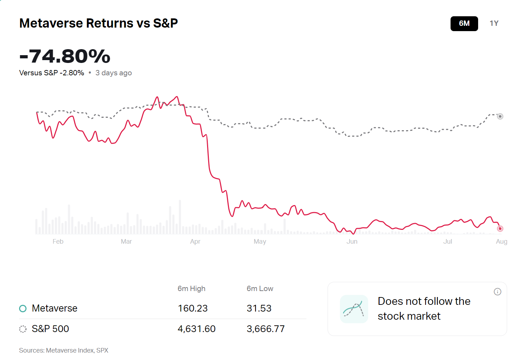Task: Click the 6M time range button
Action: [x=464, y=24]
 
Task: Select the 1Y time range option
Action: [x=494, y=24]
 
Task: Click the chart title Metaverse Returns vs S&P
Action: [x=99, y=23]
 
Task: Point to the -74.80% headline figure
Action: [x=65, y=56]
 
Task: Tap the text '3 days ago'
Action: [x=113, y=73]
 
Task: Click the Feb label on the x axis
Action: [x=58, y=242]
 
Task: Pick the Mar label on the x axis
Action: [x=126, y=242]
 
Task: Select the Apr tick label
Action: [x=195, y=242]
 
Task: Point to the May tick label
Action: [x=260, y=242]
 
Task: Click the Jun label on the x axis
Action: [x=352, y=242]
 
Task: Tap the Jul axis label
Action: [x=447, y=242]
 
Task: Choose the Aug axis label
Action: [x=501, y=242]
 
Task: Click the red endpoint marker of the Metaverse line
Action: [x=500, y=228]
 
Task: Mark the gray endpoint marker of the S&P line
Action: [x=500, y=116]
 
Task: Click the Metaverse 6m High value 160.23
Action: [x=193, y=308]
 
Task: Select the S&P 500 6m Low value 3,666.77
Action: [x=265, y=329]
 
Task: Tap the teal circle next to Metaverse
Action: [x=23, y=309]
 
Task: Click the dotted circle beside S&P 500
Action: [x=23, y=329]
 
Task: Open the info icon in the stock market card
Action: [x=498, y=292]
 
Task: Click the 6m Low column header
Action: [x=260, y=289]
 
